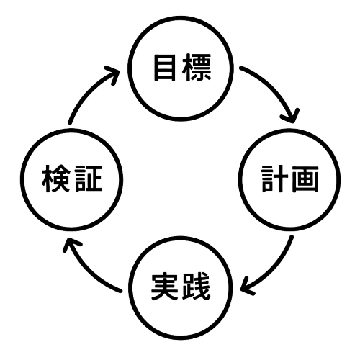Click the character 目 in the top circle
pos(165,68)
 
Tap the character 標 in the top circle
pos(197,68)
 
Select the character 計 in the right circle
pos(274,179)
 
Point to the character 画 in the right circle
pos(305,179)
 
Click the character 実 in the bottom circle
pos(165,287)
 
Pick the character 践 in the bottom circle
pos(196,287)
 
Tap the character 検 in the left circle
pos(56,179)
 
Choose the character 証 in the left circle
pos(89,179)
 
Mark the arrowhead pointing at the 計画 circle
pos(291,116)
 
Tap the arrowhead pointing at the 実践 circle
pos(247,286)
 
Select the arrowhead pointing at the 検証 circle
pos(71,244)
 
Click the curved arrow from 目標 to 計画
pos(273,88)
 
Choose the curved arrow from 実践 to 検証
pos(89,271)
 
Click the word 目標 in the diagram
pos(183,68)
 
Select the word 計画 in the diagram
pos(290,179)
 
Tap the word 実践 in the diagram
pos(181,287)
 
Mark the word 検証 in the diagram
pos(72,179)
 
